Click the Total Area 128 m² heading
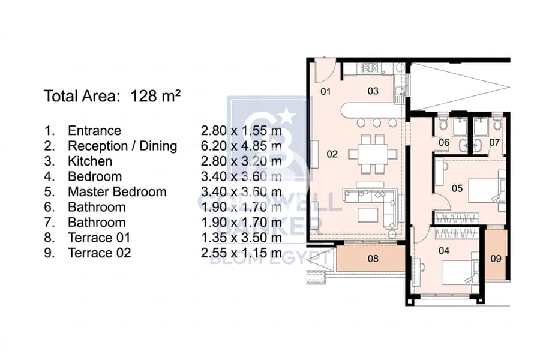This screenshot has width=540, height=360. point(112,96)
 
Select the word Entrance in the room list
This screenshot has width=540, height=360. point(95,131)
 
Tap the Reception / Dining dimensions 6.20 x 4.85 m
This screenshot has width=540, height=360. point(241,146)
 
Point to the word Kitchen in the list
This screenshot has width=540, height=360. point(90,161)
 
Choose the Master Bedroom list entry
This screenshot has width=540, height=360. point(118,191)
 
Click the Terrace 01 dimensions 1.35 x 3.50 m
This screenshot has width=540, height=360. point(241,238)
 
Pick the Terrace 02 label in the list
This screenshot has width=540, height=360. point(100,253)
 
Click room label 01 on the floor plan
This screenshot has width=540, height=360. point(325,91)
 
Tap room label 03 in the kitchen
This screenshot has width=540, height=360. point(373,91)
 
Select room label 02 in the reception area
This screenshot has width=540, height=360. point(332,154)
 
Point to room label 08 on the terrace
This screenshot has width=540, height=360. point(373,259)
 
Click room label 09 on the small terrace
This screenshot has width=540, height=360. point(496,259)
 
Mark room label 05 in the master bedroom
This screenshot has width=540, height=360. point(457,188)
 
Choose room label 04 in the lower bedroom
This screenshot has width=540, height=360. point(444,250)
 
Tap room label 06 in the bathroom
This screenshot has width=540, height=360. point(444,142)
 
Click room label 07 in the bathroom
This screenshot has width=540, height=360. point(494,142)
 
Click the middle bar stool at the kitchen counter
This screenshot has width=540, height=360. point(376,123)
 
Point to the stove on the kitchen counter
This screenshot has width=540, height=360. point(370,68)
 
